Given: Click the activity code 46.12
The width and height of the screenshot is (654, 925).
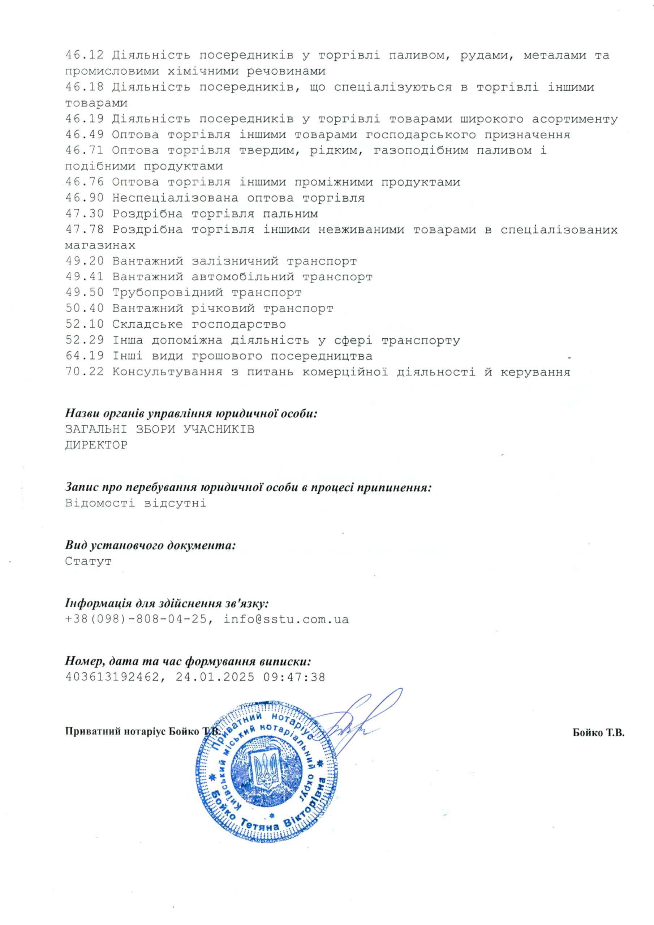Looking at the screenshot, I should (84, 55).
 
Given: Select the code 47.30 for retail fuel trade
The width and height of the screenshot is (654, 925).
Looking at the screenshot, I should (84, 214).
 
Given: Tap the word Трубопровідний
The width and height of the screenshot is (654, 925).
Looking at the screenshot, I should (167, 292).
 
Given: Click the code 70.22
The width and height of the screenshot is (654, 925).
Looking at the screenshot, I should (84, 372).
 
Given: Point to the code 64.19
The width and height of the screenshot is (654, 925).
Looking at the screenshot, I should (84, 356).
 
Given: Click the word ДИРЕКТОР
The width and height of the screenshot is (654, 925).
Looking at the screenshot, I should (96, 445).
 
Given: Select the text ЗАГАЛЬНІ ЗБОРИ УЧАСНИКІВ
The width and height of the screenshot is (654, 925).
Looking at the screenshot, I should (160, 430).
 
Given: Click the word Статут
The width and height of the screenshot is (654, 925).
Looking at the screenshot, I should (88, 561).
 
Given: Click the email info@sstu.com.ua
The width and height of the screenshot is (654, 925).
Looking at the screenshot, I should (286, 619).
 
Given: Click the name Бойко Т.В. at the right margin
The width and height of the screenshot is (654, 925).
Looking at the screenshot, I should (598, 733).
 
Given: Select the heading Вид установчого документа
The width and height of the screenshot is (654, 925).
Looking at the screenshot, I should (150, 546).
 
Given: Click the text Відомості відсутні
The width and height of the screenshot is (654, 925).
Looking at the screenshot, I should (136, 503).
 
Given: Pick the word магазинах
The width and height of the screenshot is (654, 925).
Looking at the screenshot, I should (100, 245).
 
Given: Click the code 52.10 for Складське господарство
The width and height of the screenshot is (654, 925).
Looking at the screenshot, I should (84, 324).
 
